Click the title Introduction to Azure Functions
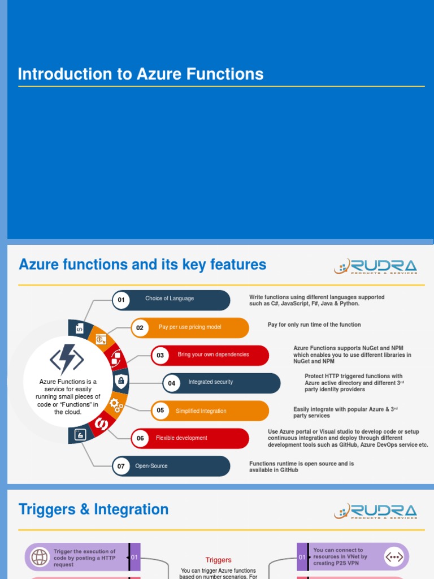(141, 74)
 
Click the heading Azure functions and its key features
(142, 264)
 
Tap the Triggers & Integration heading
(94, 509)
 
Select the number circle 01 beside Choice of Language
(121, 300)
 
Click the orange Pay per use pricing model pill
(190, 327)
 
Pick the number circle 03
(160, 355)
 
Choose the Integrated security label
(210, 382)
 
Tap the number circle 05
(160, 411)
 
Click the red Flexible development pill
(181, 438)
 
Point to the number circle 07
(121, 466)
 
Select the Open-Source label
(151, 466)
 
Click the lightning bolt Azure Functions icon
(67, 359)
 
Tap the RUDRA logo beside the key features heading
(376, 266)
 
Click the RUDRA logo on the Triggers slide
(376, 511)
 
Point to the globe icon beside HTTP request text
(40, 557)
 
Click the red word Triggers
(218, 560)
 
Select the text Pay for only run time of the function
(314, 325)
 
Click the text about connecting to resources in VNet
(340, 556)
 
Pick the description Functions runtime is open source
(302, 466)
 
